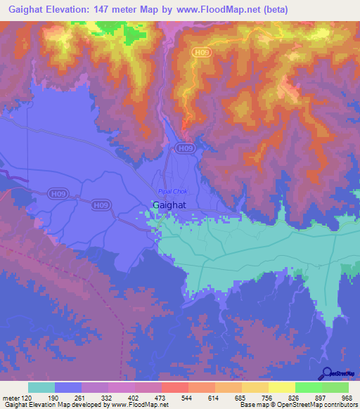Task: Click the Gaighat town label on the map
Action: (169, 205)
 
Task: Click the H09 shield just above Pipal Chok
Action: (185, 149)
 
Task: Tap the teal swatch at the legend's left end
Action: (41, 387)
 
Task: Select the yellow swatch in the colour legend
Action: (282, 387)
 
